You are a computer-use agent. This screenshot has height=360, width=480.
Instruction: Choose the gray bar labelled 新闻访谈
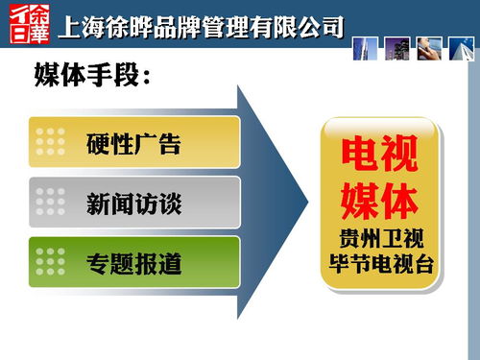coord(134,203)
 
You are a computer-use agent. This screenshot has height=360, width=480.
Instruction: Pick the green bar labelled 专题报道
coord(134,262)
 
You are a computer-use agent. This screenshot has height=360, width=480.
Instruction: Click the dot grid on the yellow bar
coord(50,143)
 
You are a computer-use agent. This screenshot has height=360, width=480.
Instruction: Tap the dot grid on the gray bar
coord(50,203)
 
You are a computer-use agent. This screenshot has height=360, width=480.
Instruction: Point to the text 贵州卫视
coord(381,237)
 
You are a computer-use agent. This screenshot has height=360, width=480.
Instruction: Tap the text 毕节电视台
coord(381,260)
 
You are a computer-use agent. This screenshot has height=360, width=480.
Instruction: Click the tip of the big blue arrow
coord(305,203)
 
